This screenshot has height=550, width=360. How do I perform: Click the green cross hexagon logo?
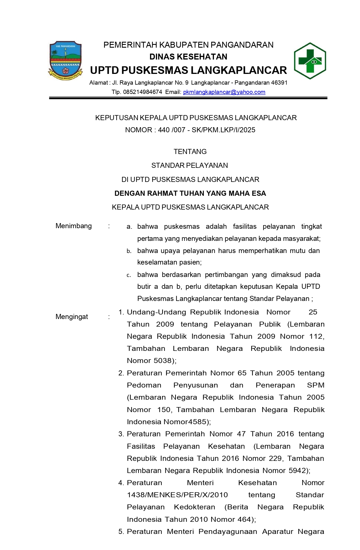310,61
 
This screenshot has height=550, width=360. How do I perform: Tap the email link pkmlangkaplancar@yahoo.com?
224,92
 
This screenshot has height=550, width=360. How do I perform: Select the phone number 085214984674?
142,92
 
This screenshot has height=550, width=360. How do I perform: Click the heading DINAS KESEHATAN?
188,57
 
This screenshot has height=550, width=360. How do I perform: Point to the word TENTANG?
190,152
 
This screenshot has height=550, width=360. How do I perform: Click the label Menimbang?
74,226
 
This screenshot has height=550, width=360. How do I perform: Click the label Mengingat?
72,317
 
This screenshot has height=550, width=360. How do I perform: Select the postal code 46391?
279,83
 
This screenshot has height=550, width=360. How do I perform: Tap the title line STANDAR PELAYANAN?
189,166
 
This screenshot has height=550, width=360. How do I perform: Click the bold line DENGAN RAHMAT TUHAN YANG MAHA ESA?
190,193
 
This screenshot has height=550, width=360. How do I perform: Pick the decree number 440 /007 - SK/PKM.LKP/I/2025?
207,130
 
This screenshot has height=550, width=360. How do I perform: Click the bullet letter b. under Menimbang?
129,251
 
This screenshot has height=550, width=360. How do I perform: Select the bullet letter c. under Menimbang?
129,275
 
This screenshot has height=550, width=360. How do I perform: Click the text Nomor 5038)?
152,361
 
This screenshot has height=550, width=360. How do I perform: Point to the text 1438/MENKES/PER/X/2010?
177,495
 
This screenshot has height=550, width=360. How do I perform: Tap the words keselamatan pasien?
169,262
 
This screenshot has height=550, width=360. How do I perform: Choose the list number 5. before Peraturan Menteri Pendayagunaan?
121,532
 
